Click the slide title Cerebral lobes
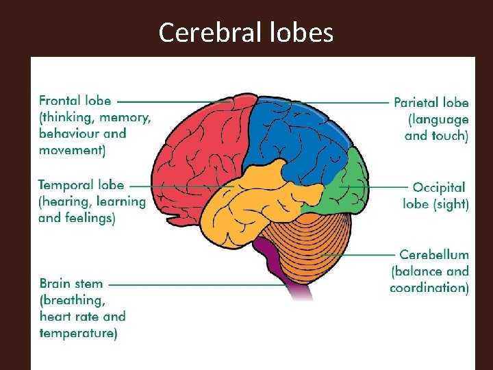click(x=246, y=32)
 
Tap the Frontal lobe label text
click(x=75, y=101)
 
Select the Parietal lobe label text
click(x=431, y=103)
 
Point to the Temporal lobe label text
click(x=81, y=185)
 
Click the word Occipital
click(x=439, y=187)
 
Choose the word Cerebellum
click(x=434, y=255)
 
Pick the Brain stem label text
click(x=71, y=284)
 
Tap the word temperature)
click(x=78, y=334)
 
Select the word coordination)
click(x=429, y=288)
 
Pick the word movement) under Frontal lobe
click(x=72, y=150)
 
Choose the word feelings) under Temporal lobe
click(x=89, y=218)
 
